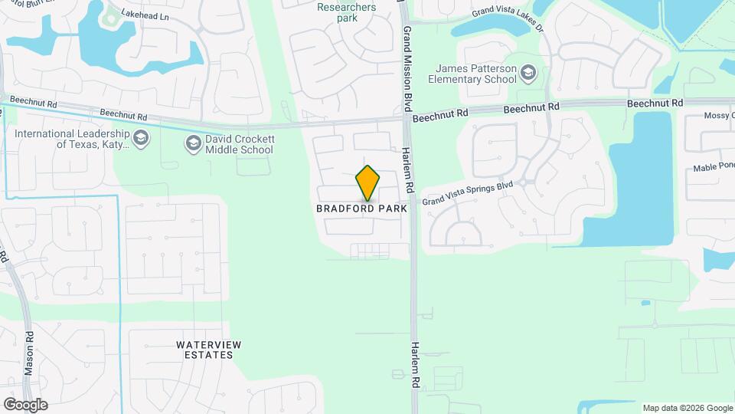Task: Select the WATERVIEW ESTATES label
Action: coord(204,350)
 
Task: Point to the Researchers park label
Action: coord(346,12)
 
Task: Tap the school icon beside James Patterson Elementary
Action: coord(528,74)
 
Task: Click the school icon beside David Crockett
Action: coord(192,143)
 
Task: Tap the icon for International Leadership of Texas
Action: coord(140,139)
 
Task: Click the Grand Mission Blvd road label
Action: coord(408,70)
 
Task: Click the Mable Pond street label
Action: coord(713,168)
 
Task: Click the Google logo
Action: coord(25,405)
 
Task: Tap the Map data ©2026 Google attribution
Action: coord(687,408)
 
